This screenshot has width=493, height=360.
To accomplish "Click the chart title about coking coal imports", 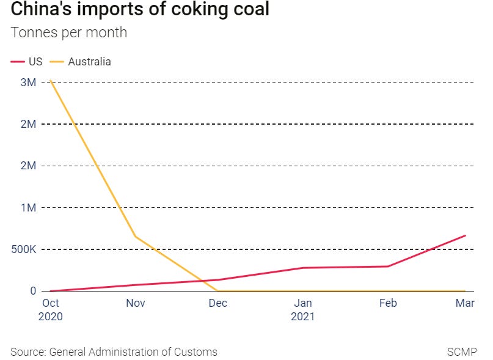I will click(x=140, y=10).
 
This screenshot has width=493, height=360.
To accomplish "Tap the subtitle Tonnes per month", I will click(x=68, y=32).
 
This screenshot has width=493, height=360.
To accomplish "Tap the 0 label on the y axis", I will click(x=34, y=291).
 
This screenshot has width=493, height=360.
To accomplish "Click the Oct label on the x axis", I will click(x=50, y=303).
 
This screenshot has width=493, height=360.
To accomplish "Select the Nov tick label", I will click(x=134, y=303).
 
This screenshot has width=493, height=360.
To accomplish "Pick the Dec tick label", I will click(x=218, y=303).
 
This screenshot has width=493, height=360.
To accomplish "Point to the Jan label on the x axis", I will click(x=303, y=303).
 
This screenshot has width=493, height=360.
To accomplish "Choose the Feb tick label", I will click(x=388, y=303).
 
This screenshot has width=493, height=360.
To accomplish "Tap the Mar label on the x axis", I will click(x=466, y=303).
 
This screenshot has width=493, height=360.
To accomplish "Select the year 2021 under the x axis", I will click(x=303, y=317).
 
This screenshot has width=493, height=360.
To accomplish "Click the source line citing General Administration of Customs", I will click(x=114, y=351).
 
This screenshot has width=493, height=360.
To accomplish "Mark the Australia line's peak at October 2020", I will click(x=51, y=81).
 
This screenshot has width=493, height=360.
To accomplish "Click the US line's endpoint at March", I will click(x=466, y=235).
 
